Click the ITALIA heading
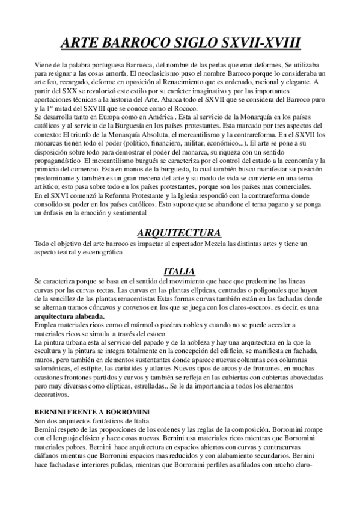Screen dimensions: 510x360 [x=180, y=271]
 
